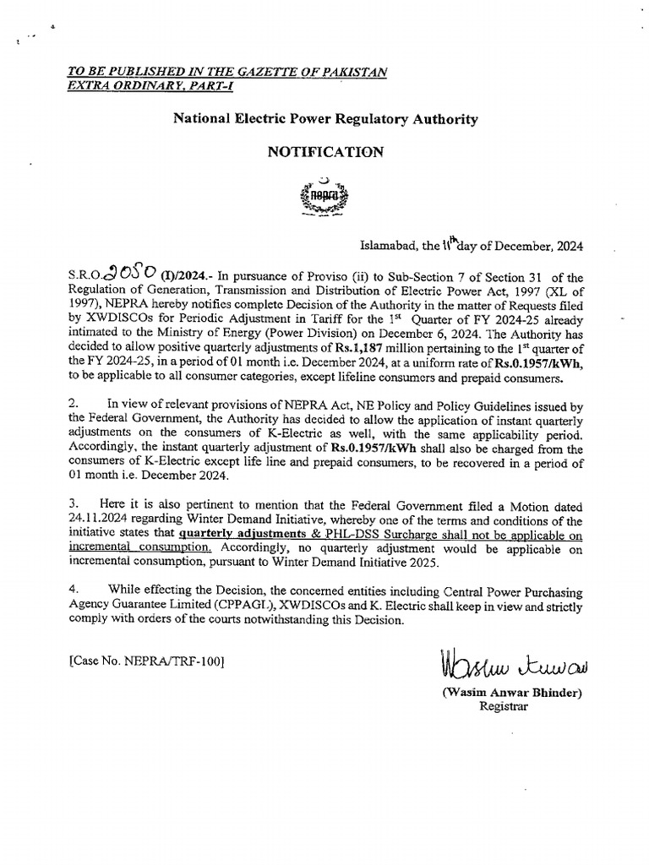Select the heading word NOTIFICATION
point(325,152)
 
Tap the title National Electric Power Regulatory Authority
point(325,120)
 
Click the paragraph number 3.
point(74,506)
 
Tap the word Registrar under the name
point(503,708)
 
